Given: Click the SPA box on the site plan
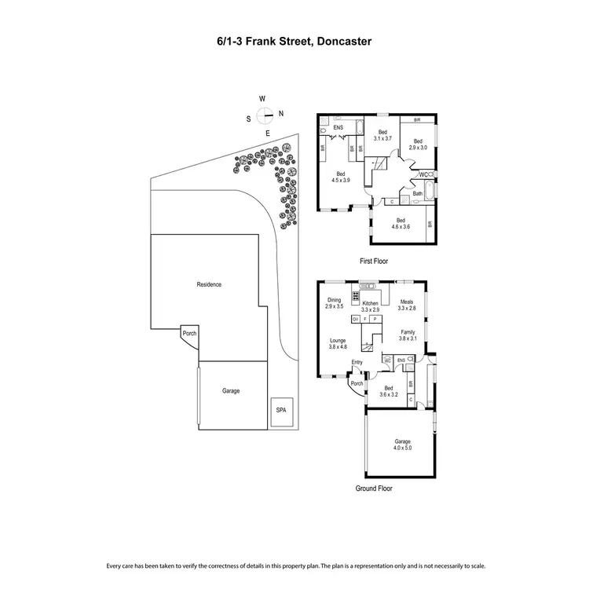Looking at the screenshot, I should (x=280, y=411).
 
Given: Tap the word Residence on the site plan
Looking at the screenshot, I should (x=208, y=284).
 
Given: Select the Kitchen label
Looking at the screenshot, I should (x=370, y=303).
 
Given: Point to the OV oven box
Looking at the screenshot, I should (x=356, y=320).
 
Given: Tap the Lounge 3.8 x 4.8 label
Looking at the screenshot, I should (x=338, y=344).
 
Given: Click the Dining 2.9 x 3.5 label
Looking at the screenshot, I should (x=335, y=303).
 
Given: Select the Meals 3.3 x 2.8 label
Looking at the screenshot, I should (x=406, y=305).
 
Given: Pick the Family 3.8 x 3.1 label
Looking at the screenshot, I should (x=407, y=335).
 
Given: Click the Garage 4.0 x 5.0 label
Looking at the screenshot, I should (x=402, y=444).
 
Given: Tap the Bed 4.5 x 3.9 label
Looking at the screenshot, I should (x=341, y=176).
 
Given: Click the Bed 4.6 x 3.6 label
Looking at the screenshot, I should (x=401, y=223).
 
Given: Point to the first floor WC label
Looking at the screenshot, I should (x=423, y=174).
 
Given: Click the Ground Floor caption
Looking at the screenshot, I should (x=374, y=488).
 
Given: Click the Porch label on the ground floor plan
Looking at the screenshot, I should (x=357, y=384).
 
